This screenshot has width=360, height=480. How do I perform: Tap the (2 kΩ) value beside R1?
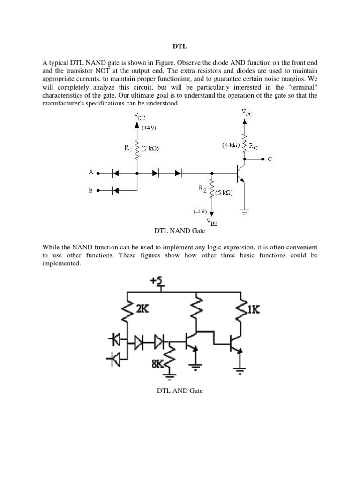(150, 149)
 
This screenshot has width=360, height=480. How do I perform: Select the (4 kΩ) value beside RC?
(232, 145)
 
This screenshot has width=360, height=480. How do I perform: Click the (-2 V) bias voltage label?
(200, 211)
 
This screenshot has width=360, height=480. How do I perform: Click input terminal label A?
(91, 172)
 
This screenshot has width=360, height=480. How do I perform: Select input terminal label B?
(91, 190)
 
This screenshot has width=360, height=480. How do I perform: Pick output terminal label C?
(270, 159)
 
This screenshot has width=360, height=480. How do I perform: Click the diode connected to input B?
(114, 190)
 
